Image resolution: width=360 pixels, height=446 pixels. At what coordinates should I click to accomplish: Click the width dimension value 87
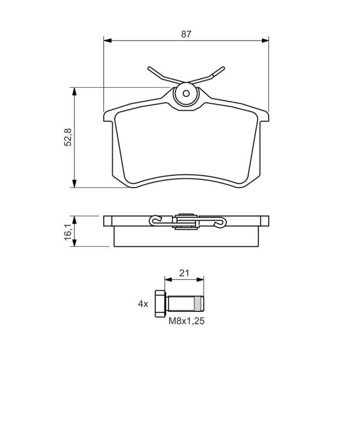click(186, 34)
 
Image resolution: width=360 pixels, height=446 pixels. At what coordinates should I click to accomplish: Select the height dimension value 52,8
click(69, 137)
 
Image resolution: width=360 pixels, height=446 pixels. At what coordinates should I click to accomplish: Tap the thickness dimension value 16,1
click(69, 232)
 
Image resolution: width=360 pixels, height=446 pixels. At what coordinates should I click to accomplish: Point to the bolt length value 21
click(184, 273)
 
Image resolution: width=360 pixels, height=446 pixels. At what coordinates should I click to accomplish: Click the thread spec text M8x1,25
click(186, 321)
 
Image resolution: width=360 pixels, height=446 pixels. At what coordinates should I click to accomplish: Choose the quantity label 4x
click(143, 304)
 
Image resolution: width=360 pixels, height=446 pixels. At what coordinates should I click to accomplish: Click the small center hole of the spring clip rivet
click(186, 93)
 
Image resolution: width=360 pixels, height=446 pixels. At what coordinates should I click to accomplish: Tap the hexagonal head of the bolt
click(160, 304)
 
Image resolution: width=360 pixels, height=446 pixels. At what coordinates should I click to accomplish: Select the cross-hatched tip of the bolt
click(199, 304)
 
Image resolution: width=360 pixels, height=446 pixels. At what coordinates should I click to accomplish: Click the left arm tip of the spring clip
click(149, 69)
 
